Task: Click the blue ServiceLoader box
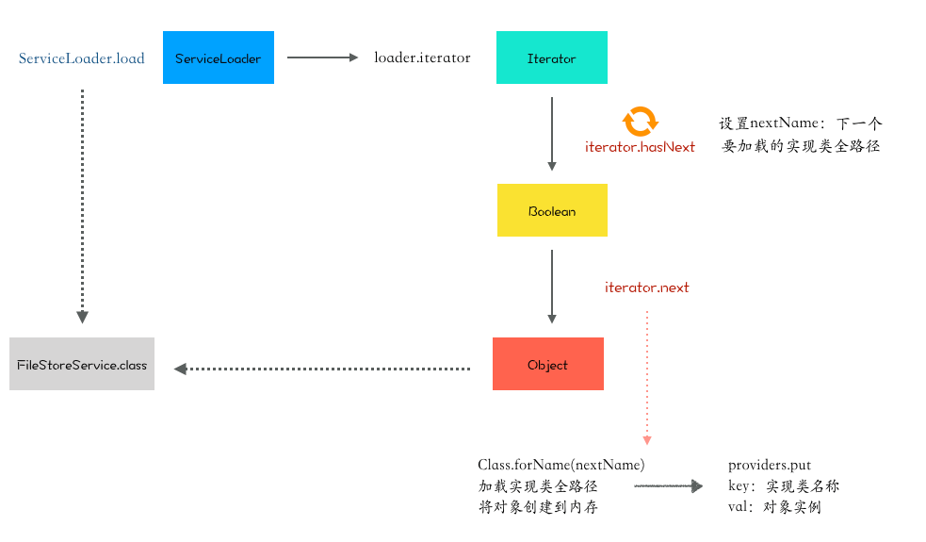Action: [x=219, y=57]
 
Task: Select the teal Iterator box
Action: [x=552, y=57]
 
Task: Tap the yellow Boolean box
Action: [x=552, y=210]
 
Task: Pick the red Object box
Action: [x=548, y=364]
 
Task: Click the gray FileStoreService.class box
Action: [x=82, y=364]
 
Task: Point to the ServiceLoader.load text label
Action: [x=82, y=57]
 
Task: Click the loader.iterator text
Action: [x=422, y=57]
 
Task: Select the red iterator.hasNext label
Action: [x=640, y=147]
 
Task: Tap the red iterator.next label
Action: [x=646, y=287]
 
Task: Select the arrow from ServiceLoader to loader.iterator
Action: [x=322, y=57]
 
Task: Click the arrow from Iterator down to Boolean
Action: [x=552, y=134]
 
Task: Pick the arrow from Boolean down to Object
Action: [x=552, y=286]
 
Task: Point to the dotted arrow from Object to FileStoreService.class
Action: [x=322, y=369]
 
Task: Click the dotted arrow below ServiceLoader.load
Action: [x=83, y=206]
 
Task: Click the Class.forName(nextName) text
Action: [x=561, y=465]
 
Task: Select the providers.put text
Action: [x=770, y=465]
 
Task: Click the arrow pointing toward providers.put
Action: [x=669, y=485]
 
